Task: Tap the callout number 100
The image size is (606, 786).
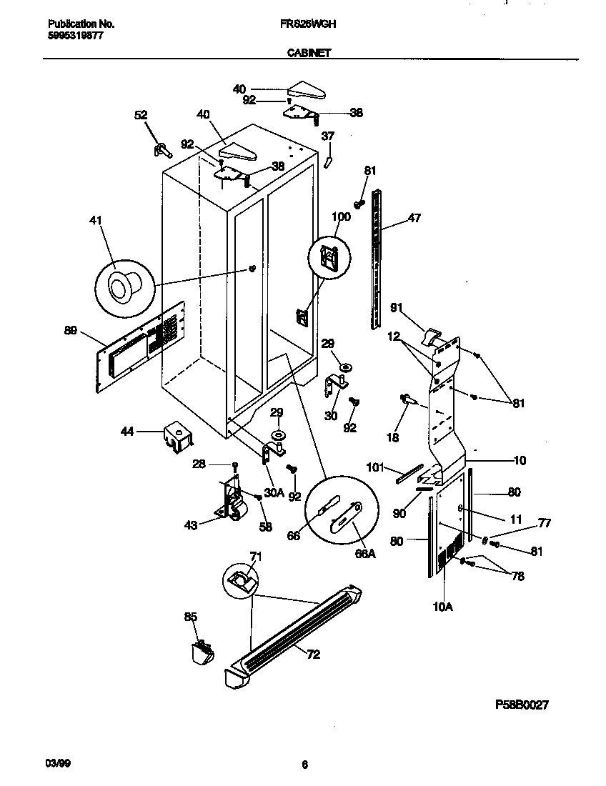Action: coord(342,217)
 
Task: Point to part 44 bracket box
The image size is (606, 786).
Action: coord(176,436)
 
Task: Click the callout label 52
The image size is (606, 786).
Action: coord(141,114)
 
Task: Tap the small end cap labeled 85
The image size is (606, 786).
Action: coord(202,650)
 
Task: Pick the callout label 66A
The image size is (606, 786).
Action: coord(365,553)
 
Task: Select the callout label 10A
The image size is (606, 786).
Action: coord(443,607)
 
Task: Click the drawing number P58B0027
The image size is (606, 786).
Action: coord(522,705)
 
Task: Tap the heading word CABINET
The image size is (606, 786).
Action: coord(309,52)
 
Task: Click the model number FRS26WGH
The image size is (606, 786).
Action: coord(309,24)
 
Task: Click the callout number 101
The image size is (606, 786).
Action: coord(375,468)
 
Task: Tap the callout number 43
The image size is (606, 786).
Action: coord(191,525)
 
